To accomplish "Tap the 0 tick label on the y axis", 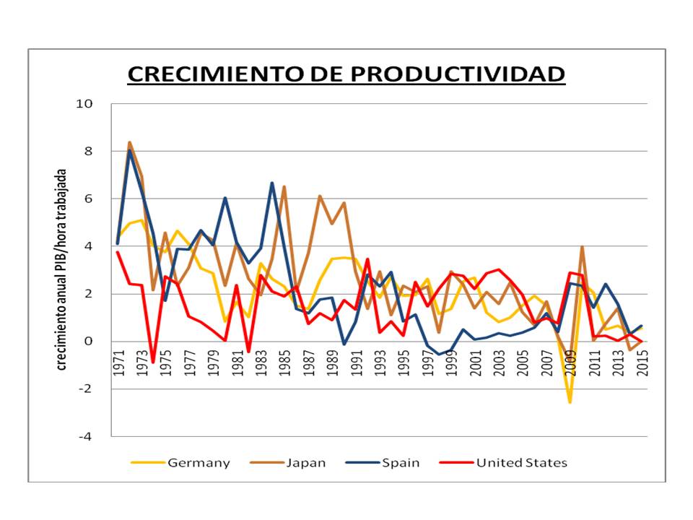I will (90, 342).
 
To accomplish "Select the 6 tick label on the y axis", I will (90, 199).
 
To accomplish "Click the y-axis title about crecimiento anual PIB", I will (62, 270).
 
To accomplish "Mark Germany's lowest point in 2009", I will (570, 402).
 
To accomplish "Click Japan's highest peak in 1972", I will (129, 142).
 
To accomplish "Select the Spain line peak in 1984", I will (272, 183).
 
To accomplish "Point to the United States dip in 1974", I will (153, 362).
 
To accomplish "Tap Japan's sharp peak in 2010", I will (582, 247).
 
